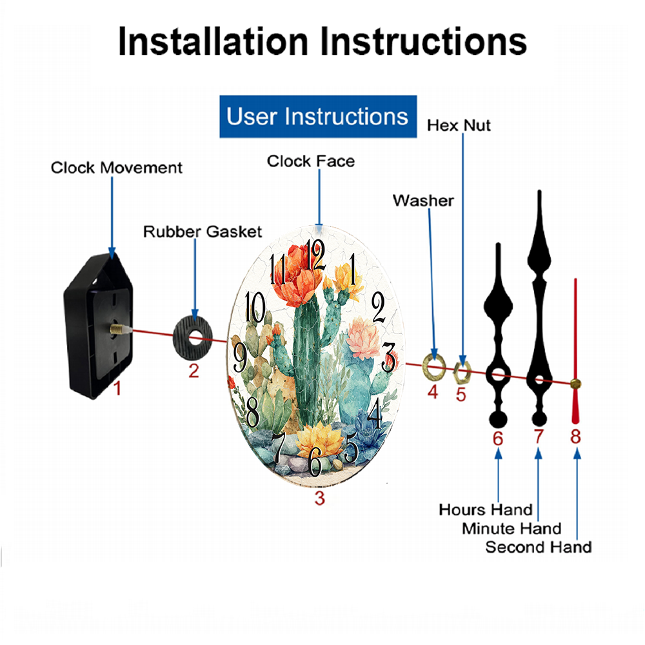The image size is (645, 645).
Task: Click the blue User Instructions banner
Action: click(x=318, y=116)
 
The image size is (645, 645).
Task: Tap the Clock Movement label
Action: click(x=116, y=168)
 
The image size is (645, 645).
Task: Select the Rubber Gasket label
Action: click(x=203, y=232)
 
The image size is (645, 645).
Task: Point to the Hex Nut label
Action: click(x=459, y=126)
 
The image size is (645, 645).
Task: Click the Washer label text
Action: click(x=423, y=201)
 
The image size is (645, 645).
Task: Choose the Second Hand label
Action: click(x=539, y=547)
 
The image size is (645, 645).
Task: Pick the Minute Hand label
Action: click(x=511, y=528)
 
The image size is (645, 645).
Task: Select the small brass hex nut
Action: click(x=462, y=372)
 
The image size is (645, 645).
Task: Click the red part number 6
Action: click(x=498, y=439)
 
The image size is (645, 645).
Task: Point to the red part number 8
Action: click(x=575, y=436)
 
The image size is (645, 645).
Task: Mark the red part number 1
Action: click(x=117, y=388)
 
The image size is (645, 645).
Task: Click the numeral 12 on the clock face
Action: click(x=315, y=255)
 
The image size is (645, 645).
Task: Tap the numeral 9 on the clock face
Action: click(x=240, y=357)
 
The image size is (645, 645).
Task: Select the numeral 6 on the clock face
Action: click(x=315, y=462)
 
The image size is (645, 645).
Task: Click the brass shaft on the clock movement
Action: click(x=118, y=329)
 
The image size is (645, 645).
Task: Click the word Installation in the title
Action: click(x=213, y=41)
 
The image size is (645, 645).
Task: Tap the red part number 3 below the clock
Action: click(x=320, y=498)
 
